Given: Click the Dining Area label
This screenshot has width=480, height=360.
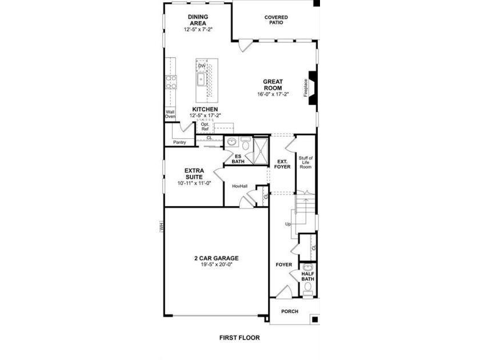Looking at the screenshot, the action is pos(198,20).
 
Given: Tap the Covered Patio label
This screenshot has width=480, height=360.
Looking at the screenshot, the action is pos(276,20).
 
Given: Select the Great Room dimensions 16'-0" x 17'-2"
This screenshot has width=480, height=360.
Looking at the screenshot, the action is pos(273,94).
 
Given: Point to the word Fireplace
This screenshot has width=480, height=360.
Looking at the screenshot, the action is pos(306,88).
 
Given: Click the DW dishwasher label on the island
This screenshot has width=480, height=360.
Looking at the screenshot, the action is pos(202,66).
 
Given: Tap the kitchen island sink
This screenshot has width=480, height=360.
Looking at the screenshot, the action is pos(201,79).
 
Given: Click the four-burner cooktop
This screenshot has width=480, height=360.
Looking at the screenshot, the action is pos(171,82).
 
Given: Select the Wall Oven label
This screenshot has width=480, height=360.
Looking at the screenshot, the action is pos(170,114).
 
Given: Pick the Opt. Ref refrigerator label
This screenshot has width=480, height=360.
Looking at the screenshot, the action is pos(205,126).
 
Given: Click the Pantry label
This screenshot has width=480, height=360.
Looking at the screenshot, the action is pos(179,142).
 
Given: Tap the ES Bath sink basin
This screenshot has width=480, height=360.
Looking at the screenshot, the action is pos(233,142).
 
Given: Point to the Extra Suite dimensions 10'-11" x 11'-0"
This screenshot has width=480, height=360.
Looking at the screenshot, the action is pos(194,183).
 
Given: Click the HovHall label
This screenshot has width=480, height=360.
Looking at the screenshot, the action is pos(239,186).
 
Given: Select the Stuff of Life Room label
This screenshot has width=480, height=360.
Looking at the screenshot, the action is pos(306,162).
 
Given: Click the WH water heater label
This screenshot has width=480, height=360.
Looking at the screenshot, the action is pos(162,227).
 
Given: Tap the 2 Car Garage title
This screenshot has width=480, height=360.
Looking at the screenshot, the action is pos(217,258).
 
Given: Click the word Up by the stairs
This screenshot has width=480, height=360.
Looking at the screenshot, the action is pos(288,224).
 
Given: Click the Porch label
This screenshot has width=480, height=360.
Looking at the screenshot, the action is pos(290,311).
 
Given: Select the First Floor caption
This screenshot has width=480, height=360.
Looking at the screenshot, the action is pos(239,338).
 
